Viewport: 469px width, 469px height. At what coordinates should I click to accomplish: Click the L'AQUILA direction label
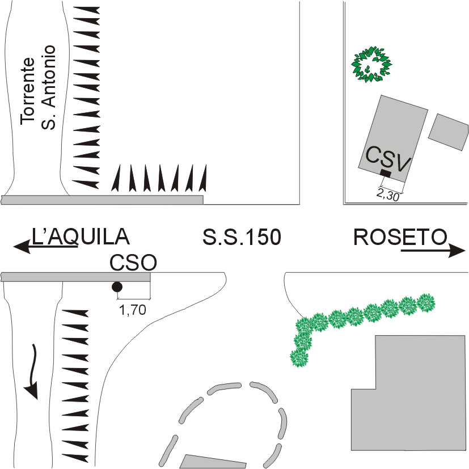[81, 236]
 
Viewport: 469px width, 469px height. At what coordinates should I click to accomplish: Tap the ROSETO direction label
[400, 236]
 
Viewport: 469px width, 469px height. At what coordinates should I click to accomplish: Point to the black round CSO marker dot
[117, 287]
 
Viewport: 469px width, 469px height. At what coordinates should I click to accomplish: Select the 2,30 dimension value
[388, 194]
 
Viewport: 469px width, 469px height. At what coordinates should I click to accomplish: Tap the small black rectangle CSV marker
[386, 172]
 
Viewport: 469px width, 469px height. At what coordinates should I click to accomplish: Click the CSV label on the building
[388, 158]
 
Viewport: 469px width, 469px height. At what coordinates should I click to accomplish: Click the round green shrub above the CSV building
[372, 65]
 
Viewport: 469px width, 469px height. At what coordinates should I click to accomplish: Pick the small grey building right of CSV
[449, 132]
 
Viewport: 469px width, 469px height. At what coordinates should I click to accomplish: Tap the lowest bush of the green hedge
[299, 358]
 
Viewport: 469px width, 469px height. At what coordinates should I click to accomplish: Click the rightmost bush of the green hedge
[426, 303]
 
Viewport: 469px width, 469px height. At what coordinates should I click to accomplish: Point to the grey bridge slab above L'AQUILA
[102, 200]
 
